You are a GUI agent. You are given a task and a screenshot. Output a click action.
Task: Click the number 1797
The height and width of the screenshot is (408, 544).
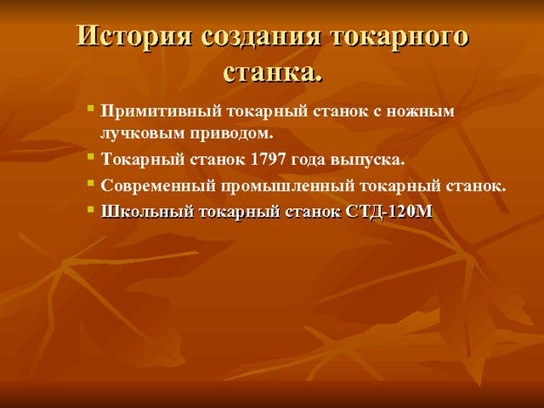(x=267, y=160)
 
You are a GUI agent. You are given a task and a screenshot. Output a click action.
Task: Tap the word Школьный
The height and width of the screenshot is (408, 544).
(x=140, y=212)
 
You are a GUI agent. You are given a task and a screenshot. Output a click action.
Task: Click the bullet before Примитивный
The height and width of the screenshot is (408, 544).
(x=90, y=110)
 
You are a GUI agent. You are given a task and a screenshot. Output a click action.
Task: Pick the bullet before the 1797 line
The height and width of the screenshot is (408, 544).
(x=90, y=159)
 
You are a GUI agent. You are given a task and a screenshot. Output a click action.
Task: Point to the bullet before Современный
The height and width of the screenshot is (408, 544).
(x=90, y=185)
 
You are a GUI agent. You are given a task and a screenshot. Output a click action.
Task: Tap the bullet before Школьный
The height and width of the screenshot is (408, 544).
(x=90, y=212)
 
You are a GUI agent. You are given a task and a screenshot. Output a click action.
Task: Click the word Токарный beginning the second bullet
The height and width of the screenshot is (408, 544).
(x=136, y=160)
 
